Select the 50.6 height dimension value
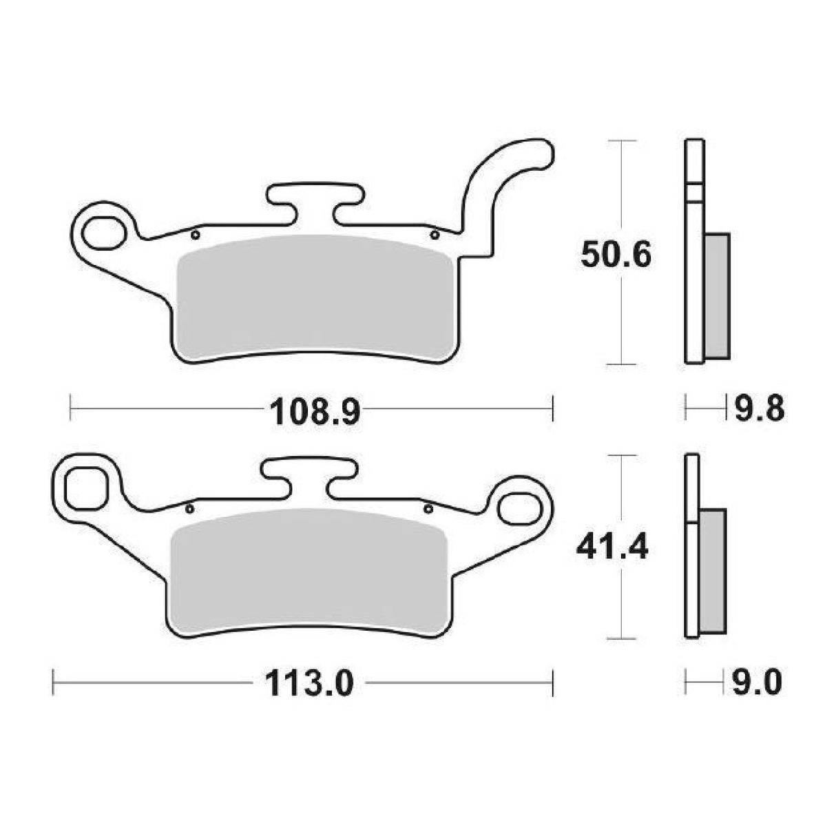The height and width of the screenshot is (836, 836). coord(614,257)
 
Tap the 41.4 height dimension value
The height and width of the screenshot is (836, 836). coord(612,550)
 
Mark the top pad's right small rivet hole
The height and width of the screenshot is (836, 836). coord(434,236)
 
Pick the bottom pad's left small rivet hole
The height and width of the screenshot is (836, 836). coord(189,509)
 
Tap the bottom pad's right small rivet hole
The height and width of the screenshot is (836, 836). coord(428,509)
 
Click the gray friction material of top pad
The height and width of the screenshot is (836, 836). coord(313,296)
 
